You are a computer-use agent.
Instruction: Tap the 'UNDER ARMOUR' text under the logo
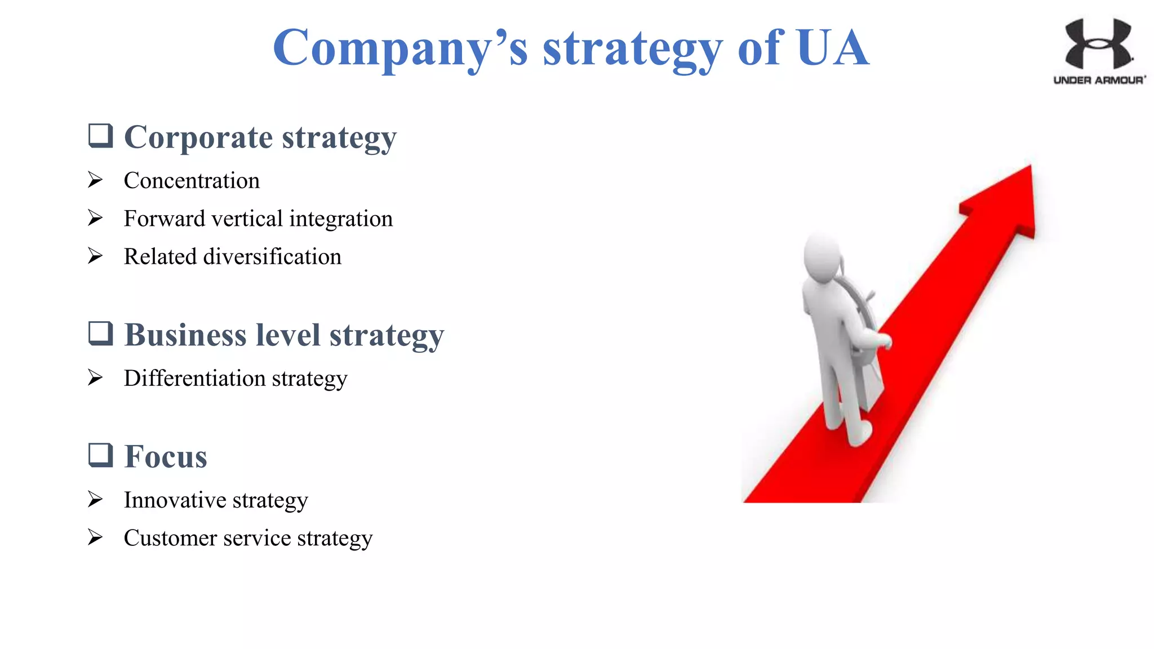[x=1099, y=80]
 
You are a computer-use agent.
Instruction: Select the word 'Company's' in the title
[x=400, y=48]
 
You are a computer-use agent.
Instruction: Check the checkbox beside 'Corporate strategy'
[x=101, y=136]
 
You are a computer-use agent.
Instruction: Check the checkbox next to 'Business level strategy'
[x=101, y=333]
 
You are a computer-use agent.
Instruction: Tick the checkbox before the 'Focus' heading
[x=101, y=455]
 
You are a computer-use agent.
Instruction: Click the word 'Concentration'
[x=192, y=181]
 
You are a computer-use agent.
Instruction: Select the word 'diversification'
[x=272, y=257]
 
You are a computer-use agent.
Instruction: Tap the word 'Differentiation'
[x=194, y=379]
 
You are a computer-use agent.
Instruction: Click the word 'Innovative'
[x=175, y=500]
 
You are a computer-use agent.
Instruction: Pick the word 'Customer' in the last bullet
[x=170, y=538]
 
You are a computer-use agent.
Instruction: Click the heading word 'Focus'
[x=166, y=456]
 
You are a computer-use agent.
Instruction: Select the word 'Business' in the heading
[x=185, y=335]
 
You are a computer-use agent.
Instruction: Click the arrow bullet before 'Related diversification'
[x=95, y=256]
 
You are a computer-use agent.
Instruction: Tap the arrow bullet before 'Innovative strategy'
[x=95, y=500]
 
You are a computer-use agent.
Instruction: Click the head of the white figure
[x=823, y=254]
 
